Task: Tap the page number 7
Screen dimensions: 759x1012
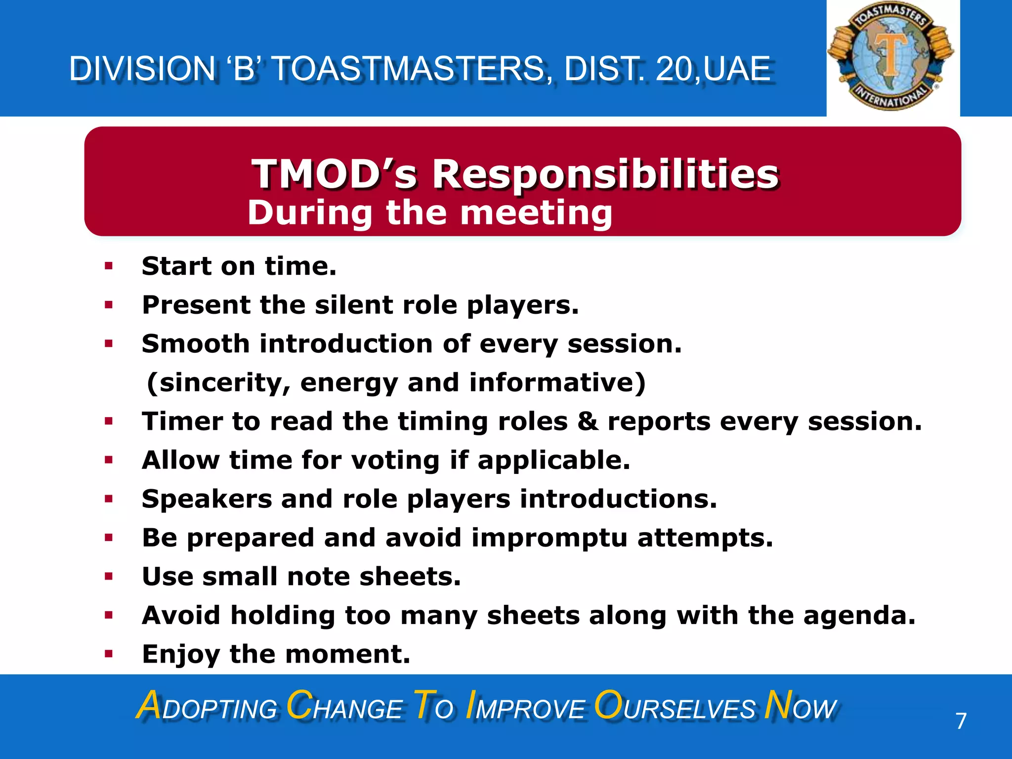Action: [x=961, y=721]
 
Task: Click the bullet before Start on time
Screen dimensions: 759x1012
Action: [x=109, y=267]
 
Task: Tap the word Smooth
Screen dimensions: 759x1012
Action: [x=196, y=343]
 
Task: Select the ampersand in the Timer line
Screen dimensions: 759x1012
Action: [x=588, y=422]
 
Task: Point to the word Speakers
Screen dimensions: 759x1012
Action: [x=207, y=499]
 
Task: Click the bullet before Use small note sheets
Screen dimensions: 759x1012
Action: [x=109, y=576]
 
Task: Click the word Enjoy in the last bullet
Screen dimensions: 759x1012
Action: [x=181, y=655]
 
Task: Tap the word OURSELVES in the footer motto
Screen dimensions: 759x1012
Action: [x=675, y=707]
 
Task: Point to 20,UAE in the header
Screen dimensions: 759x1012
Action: [x=714, y=69]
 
